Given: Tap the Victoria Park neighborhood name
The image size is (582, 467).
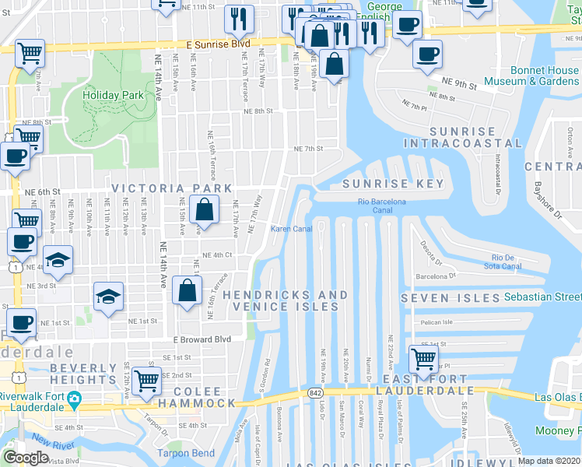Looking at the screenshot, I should (171, 188).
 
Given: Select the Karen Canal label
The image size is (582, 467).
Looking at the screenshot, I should (291, 229).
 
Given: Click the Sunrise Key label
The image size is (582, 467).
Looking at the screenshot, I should (393, 184).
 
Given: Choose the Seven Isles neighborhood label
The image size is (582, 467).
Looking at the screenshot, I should (451, 298).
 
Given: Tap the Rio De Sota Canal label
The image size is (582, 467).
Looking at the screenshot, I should (506, 262).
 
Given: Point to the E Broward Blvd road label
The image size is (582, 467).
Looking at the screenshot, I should (202, 339).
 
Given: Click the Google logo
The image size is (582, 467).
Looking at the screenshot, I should (26, 458).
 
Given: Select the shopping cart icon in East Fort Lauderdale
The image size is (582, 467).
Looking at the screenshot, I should (423, 359).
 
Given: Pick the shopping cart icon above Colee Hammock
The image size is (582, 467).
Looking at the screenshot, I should (146, 380).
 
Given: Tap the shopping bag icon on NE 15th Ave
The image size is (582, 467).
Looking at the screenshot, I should (203, 209).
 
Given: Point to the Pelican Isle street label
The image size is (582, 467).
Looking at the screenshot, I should (436, 322).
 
